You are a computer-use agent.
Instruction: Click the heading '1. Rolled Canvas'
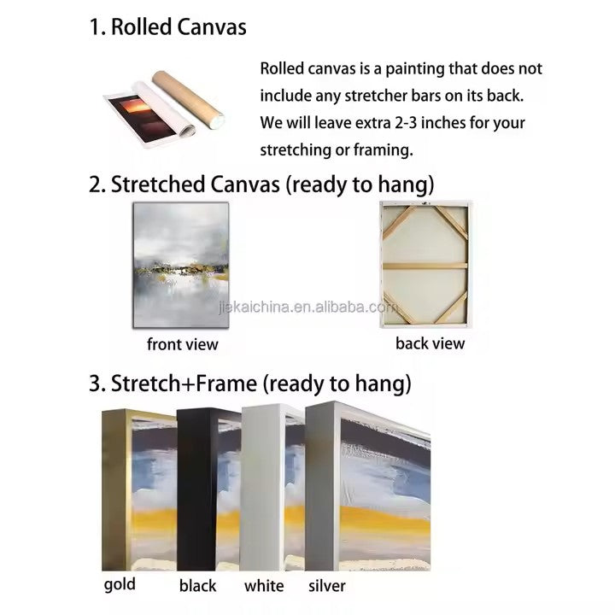point(168,27)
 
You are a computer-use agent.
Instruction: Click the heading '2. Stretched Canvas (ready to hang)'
point(261,184)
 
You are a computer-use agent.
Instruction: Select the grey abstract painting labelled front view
point(181,265)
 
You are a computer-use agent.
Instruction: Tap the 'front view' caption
point(183,344)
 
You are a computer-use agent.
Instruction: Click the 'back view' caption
point(430,343)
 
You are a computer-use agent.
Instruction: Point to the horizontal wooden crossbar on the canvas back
point(425,266)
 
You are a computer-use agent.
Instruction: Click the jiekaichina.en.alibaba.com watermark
point(307,307)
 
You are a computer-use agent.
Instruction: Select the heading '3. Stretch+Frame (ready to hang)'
point(250,384)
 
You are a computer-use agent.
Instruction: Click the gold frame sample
point(116,490)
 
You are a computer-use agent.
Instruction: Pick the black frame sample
point(196,490)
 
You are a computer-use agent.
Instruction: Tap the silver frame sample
point(322,487)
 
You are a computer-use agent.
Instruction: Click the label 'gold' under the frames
point(120,585)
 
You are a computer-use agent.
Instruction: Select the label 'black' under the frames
point(197,586)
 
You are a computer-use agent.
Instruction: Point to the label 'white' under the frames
point(264,586)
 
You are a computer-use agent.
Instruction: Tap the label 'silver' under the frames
point(327,586)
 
